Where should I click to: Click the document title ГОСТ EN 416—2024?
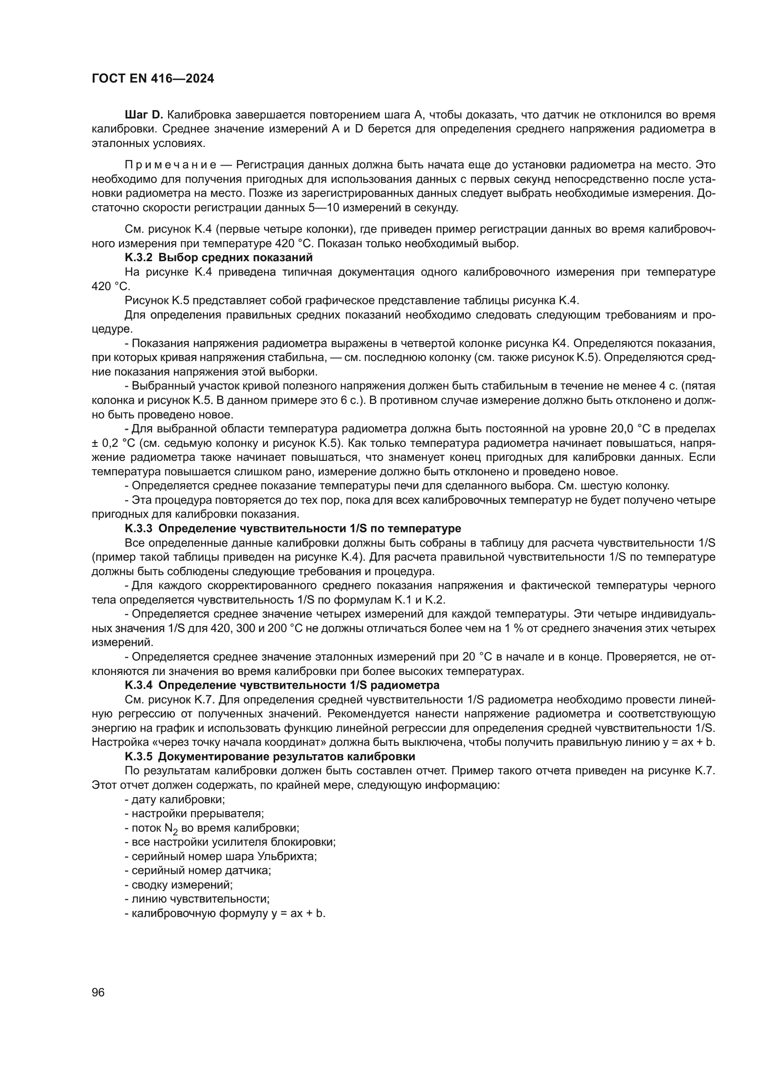[x=152, y=79]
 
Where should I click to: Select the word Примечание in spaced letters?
[x=171, y=165]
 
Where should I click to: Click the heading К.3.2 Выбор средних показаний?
[x=218, y=257]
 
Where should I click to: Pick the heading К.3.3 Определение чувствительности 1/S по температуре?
[x=292, y=528]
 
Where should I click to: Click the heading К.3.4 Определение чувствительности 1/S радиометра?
[x=282, y=685]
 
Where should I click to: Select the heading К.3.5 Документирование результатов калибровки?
[x=269, y=757]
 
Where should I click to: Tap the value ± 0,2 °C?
[x=113, y=443]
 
